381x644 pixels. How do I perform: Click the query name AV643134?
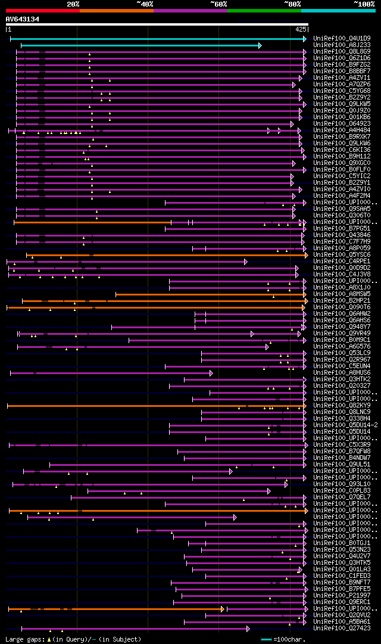pos(23,19)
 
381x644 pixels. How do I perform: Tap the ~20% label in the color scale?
pos(73,4)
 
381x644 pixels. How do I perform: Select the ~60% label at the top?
pos(218,4)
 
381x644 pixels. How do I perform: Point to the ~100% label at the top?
pos(364,4)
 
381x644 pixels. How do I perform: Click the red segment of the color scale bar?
pos(42,10)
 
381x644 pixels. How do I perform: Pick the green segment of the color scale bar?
pos(264,10)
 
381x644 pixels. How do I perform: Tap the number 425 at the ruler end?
pos(301,29)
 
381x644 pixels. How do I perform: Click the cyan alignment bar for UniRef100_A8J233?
pos(140,45)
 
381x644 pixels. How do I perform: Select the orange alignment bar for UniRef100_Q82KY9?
pos(155,406)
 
